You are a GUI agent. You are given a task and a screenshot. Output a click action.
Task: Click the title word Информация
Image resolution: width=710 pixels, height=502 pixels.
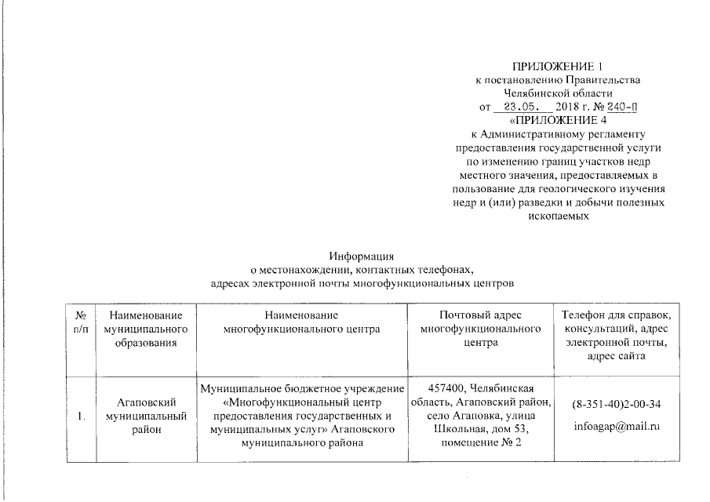point(360,255)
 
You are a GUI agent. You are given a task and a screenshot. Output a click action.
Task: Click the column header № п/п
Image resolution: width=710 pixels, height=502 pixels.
point(79,322)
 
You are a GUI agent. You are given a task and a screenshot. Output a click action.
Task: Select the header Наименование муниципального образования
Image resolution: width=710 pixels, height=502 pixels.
point(140,329)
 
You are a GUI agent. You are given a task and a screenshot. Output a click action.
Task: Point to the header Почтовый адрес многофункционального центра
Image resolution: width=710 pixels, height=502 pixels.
point(480,329)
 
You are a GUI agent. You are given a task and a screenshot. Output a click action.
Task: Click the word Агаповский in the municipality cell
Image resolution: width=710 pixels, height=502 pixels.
point(140,402)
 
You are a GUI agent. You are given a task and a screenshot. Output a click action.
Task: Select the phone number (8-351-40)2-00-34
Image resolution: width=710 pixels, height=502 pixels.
point(616,405)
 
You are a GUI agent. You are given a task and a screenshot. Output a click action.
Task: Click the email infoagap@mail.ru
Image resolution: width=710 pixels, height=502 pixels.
point(616,428)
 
